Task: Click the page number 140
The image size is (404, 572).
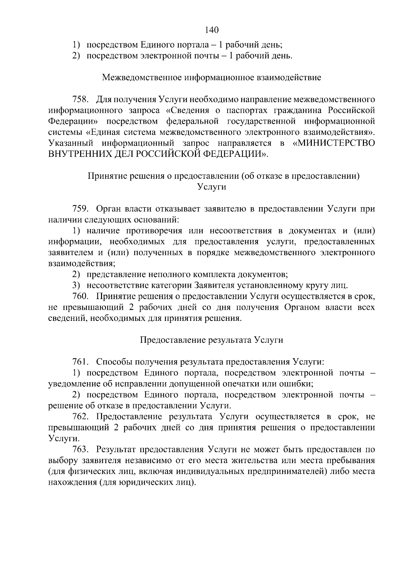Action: (212, 30)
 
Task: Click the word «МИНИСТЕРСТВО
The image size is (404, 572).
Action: (334, 143)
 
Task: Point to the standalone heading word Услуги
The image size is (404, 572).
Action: (211, 187)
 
